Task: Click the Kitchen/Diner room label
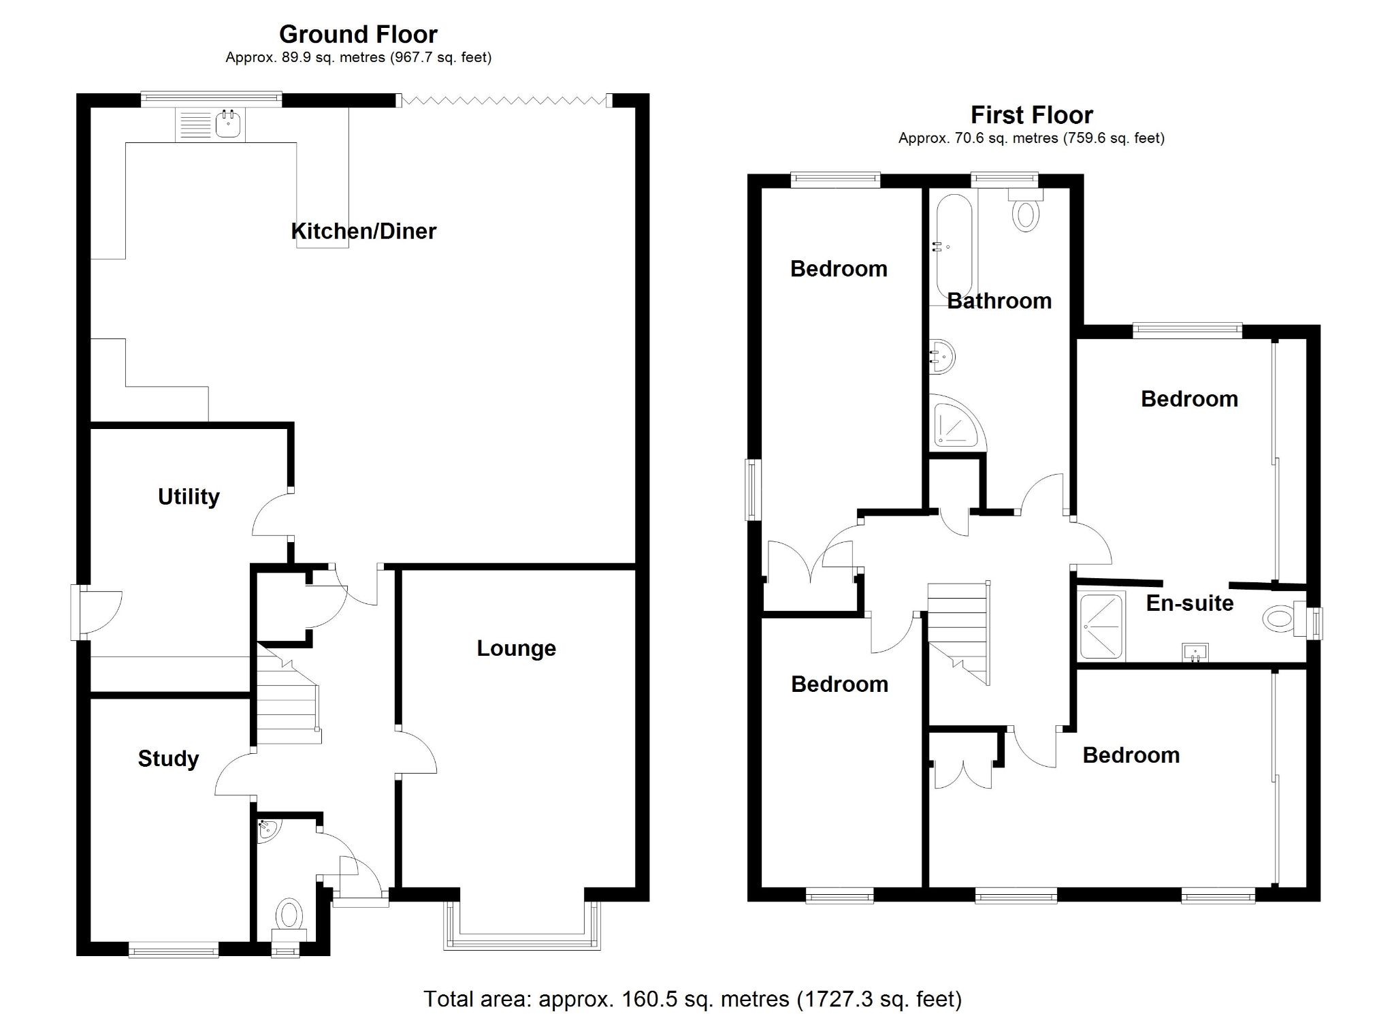pos(363,232)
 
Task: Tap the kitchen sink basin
pos(228,125)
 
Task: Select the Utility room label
pos(189,496)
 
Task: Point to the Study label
pos(168,759)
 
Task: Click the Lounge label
pos(516,648)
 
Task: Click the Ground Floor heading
pos(358,34)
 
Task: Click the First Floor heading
pos(1031,115)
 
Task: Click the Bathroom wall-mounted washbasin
pos(943,356)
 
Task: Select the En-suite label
pos(1189,603)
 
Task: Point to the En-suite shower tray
pos(1101,627)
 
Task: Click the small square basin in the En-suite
pos(1195,652)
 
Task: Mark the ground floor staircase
pos(287,701)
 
